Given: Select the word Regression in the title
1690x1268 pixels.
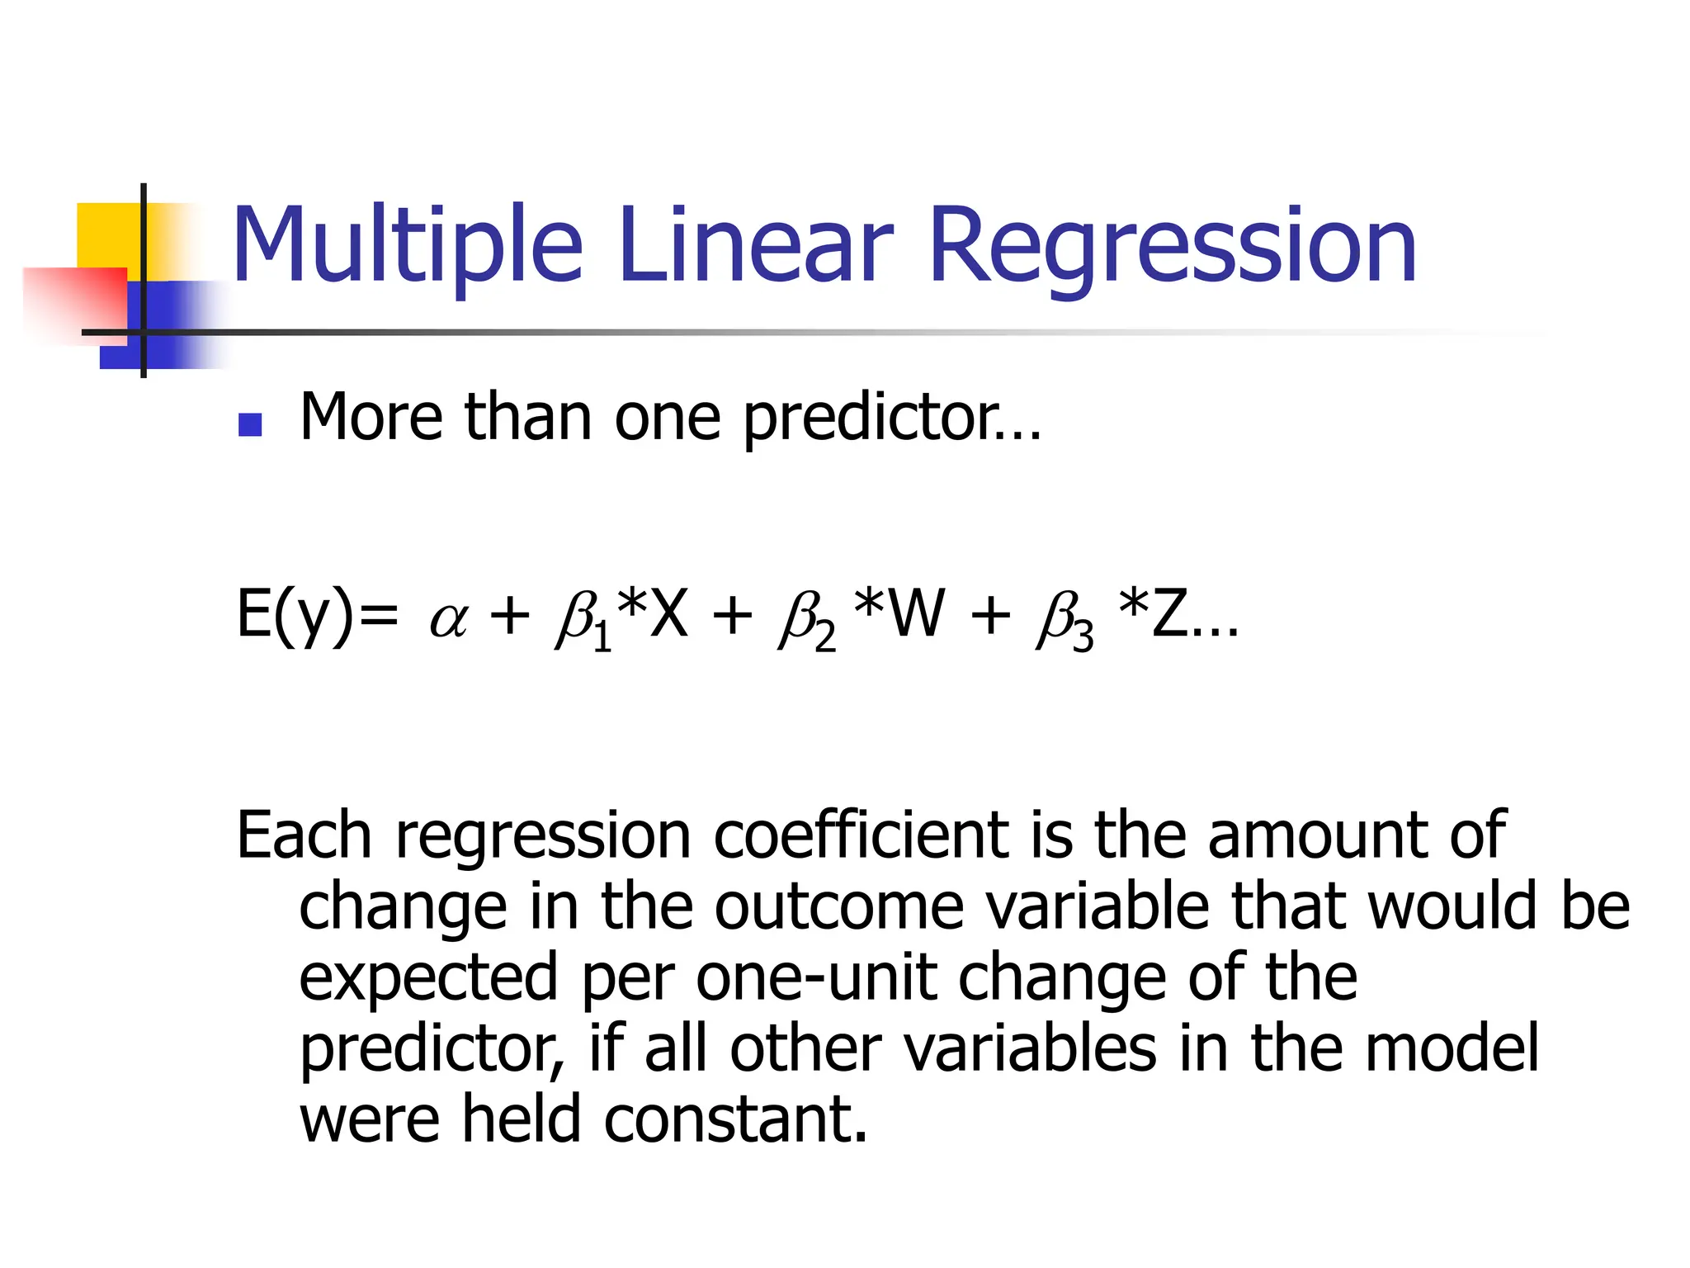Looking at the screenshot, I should [x=1173, y=246].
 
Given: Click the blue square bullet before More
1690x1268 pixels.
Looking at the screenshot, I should [x=249, y=424].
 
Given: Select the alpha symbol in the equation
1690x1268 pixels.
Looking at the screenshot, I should [x=449, y=619].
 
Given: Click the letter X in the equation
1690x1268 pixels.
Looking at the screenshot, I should [x=668, y=614].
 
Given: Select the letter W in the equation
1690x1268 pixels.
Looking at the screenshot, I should [x=918, y=614].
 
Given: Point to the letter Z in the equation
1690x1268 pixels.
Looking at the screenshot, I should [x=1169, y=614].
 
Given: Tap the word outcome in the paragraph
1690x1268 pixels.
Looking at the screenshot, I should [x=838, y=906].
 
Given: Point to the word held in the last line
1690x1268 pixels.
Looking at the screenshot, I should [x=521, y=1119].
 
